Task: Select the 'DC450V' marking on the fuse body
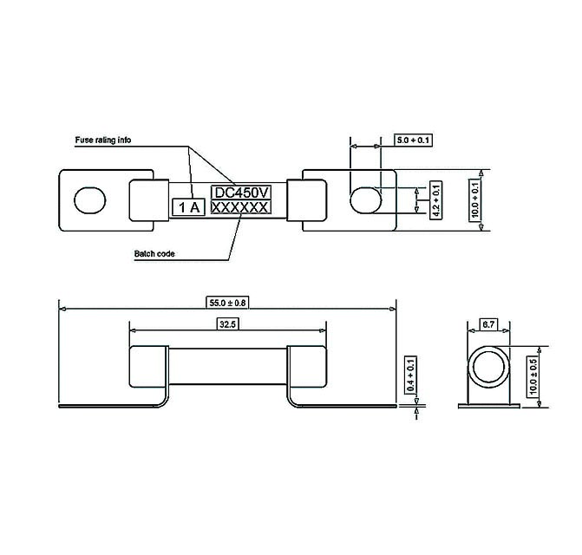tap(240, 193)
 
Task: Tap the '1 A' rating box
tap(190, 208)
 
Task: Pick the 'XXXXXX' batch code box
tap(240, 209)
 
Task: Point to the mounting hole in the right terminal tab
tap(364, 200)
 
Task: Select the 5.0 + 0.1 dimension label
tap(413, 140)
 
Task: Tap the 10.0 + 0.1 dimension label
tap(474, 200)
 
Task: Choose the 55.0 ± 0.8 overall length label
tap(227, 303)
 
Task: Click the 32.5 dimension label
tap(227, 324)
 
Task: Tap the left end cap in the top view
tap(149, 200)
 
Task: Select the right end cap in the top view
tap(307, 200)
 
